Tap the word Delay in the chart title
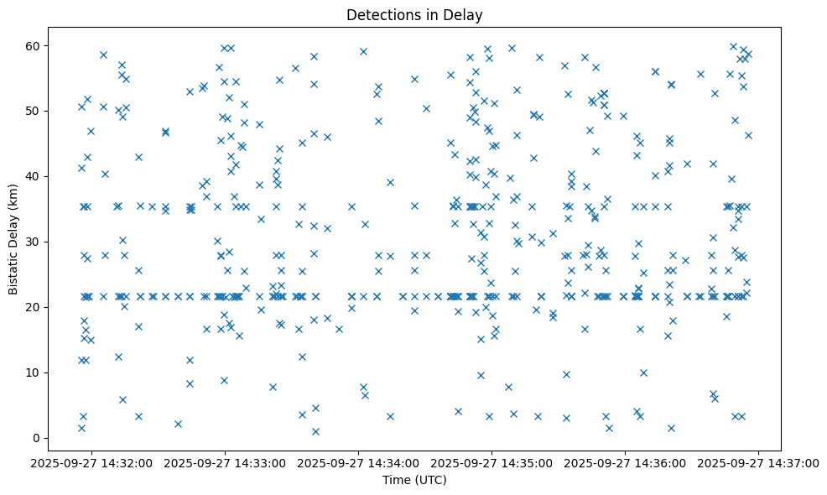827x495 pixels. (x=466, y=15)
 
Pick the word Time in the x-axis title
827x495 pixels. (x=396, y=480)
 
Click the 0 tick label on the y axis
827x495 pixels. (x=37, y=438)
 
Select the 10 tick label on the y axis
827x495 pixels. (x=34, y=373)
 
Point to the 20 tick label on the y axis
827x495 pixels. (x=34, y=307)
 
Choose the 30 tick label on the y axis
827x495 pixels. (x=34, y=242)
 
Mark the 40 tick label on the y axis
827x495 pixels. (x=34, y=176)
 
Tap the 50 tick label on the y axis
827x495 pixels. (x=34, y=111)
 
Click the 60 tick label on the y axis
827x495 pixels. (x=34, y=45)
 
